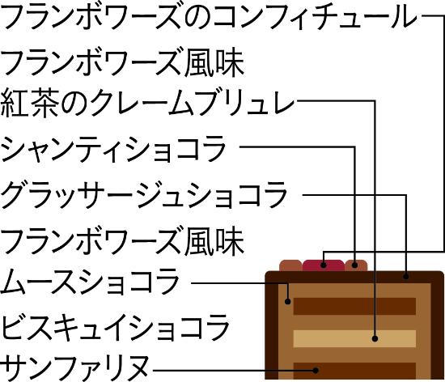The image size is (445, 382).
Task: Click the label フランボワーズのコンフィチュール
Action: point(210,16)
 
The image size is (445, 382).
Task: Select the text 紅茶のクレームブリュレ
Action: point(147,104)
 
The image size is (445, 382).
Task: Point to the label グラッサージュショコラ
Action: point(144,196)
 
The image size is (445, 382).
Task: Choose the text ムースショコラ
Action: point(90,282)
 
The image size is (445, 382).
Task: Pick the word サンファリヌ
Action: point(75,368)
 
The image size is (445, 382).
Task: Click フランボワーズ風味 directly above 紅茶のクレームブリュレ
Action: point(123,63)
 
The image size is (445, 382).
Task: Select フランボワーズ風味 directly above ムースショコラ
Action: point(123,242)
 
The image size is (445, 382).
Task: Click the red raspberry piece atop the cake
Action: point(324,265)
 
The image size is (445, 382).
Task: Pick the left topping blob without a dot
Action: point(290,265)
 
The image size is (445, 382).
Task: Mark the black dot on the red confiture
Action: point(324,265)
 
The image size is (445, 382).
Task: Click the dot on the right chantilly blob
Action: point(355,265)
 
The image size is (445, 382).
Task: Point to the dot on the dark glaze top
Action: point(406,276)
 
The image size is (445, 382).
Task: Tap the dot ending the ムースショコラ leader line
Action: point(288,301)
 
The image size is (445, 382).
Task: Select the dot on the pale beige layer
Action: point(375,338)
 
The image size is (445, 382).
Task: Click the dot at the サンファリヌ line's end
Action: point(316,370)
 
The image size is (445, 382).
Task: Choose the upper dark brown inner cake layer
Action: point(354,306)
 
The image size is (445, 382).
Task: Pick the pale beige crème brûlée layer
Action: point(354,338)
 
